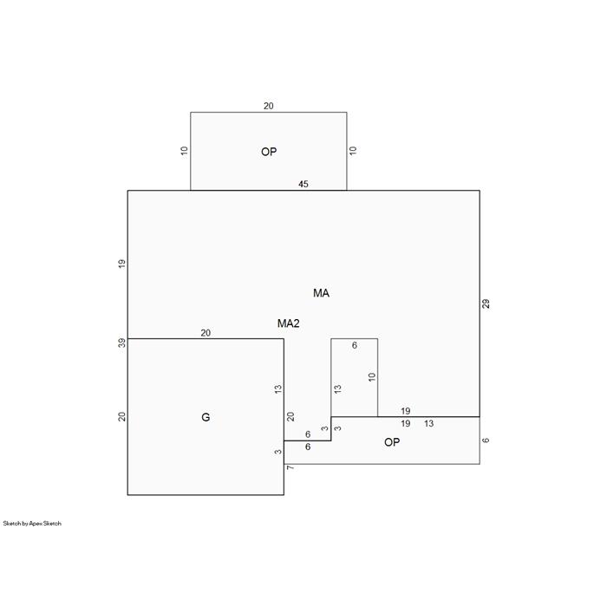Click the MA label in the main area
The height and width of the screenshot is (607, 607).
click(321, 293)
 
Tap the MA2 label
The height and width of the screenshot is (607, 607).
click(289, 323)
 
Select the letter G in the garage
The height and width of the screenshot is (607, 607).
click(206, 417)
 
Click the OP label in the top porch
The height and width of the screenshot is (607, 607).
click(269, 152)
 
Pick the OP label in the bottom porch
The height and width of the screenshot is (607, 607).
click(392, 442)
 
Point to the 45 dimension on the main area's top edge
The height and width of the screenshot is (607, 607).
click(303, 184)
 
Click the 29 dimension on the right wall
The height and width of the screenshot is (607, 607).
click(486, 303)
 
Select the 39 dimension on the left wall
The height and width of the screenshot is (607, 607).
click(122, 343)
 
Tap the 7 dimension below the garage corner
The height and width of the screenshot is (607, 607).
click(290, 467)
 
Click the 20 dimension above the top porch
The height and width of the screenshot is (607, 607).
click(269, 106)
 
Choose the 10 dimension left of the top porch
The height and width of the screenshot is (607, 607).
click(184, 151)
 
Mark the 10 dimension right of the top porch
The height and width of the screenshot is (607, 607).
click(353, 151)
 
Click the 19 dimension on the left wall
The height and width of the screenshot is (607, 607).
click(122, 264)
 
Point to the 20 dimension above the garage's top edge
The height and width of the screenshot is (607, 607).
click(206, 333)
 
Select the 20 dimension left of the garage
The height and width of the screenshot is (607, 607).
click(122, 417)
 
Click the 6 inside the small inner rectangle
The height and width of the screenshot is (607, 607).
click(354, 345)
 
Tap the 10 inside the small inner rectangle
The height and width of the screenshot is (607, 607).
click(372, 377)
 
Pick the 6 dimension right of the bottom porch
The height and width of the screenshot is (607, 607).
click(486, 441)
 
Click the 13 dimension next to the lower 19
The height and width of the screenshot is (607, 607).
click(428, 423)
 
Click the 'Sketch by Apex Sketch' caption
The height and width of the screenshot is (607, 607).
click(32, 524)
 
